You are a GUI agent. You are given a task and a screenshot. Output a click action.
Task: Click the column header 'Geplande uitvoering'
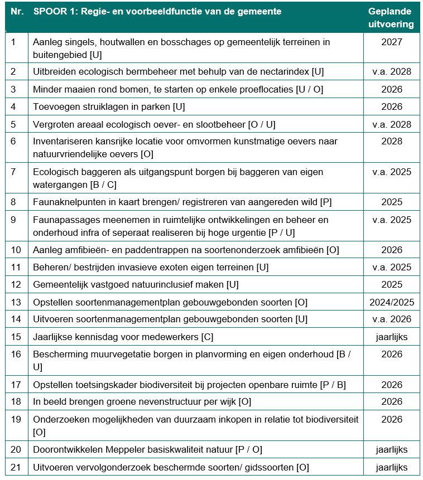pos(391,18)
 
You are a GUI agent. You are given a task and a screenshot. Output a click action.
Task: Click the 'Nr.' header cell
pos(17,12)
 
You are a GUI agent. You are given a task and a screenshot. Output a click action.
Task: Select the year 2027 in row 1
pos(391,42)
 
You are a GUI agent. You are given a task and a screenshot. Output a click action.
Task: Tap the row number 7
pos(14,172)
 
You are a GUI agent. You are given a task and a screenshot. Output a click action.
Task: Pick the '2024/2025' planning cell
pos(391,303)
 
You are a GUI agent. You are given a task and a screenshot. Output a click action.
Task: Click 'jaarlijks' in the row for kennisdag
pos(391,337)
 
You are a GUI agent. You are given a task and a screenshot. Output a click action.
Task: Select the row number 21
pos(16,468)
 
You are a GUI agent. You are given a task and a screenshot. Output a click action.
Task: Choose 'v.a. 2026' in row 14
pos(391,319)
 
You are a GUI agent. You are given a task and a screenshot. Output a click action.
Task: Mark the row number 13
pos(16,303)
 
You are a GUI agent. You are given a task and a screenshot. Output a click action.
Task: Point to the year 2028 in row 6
pos(391,142)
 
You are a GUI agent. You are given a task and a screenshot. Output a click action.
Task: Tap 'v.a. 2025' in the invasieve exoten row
pos(391,268)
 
